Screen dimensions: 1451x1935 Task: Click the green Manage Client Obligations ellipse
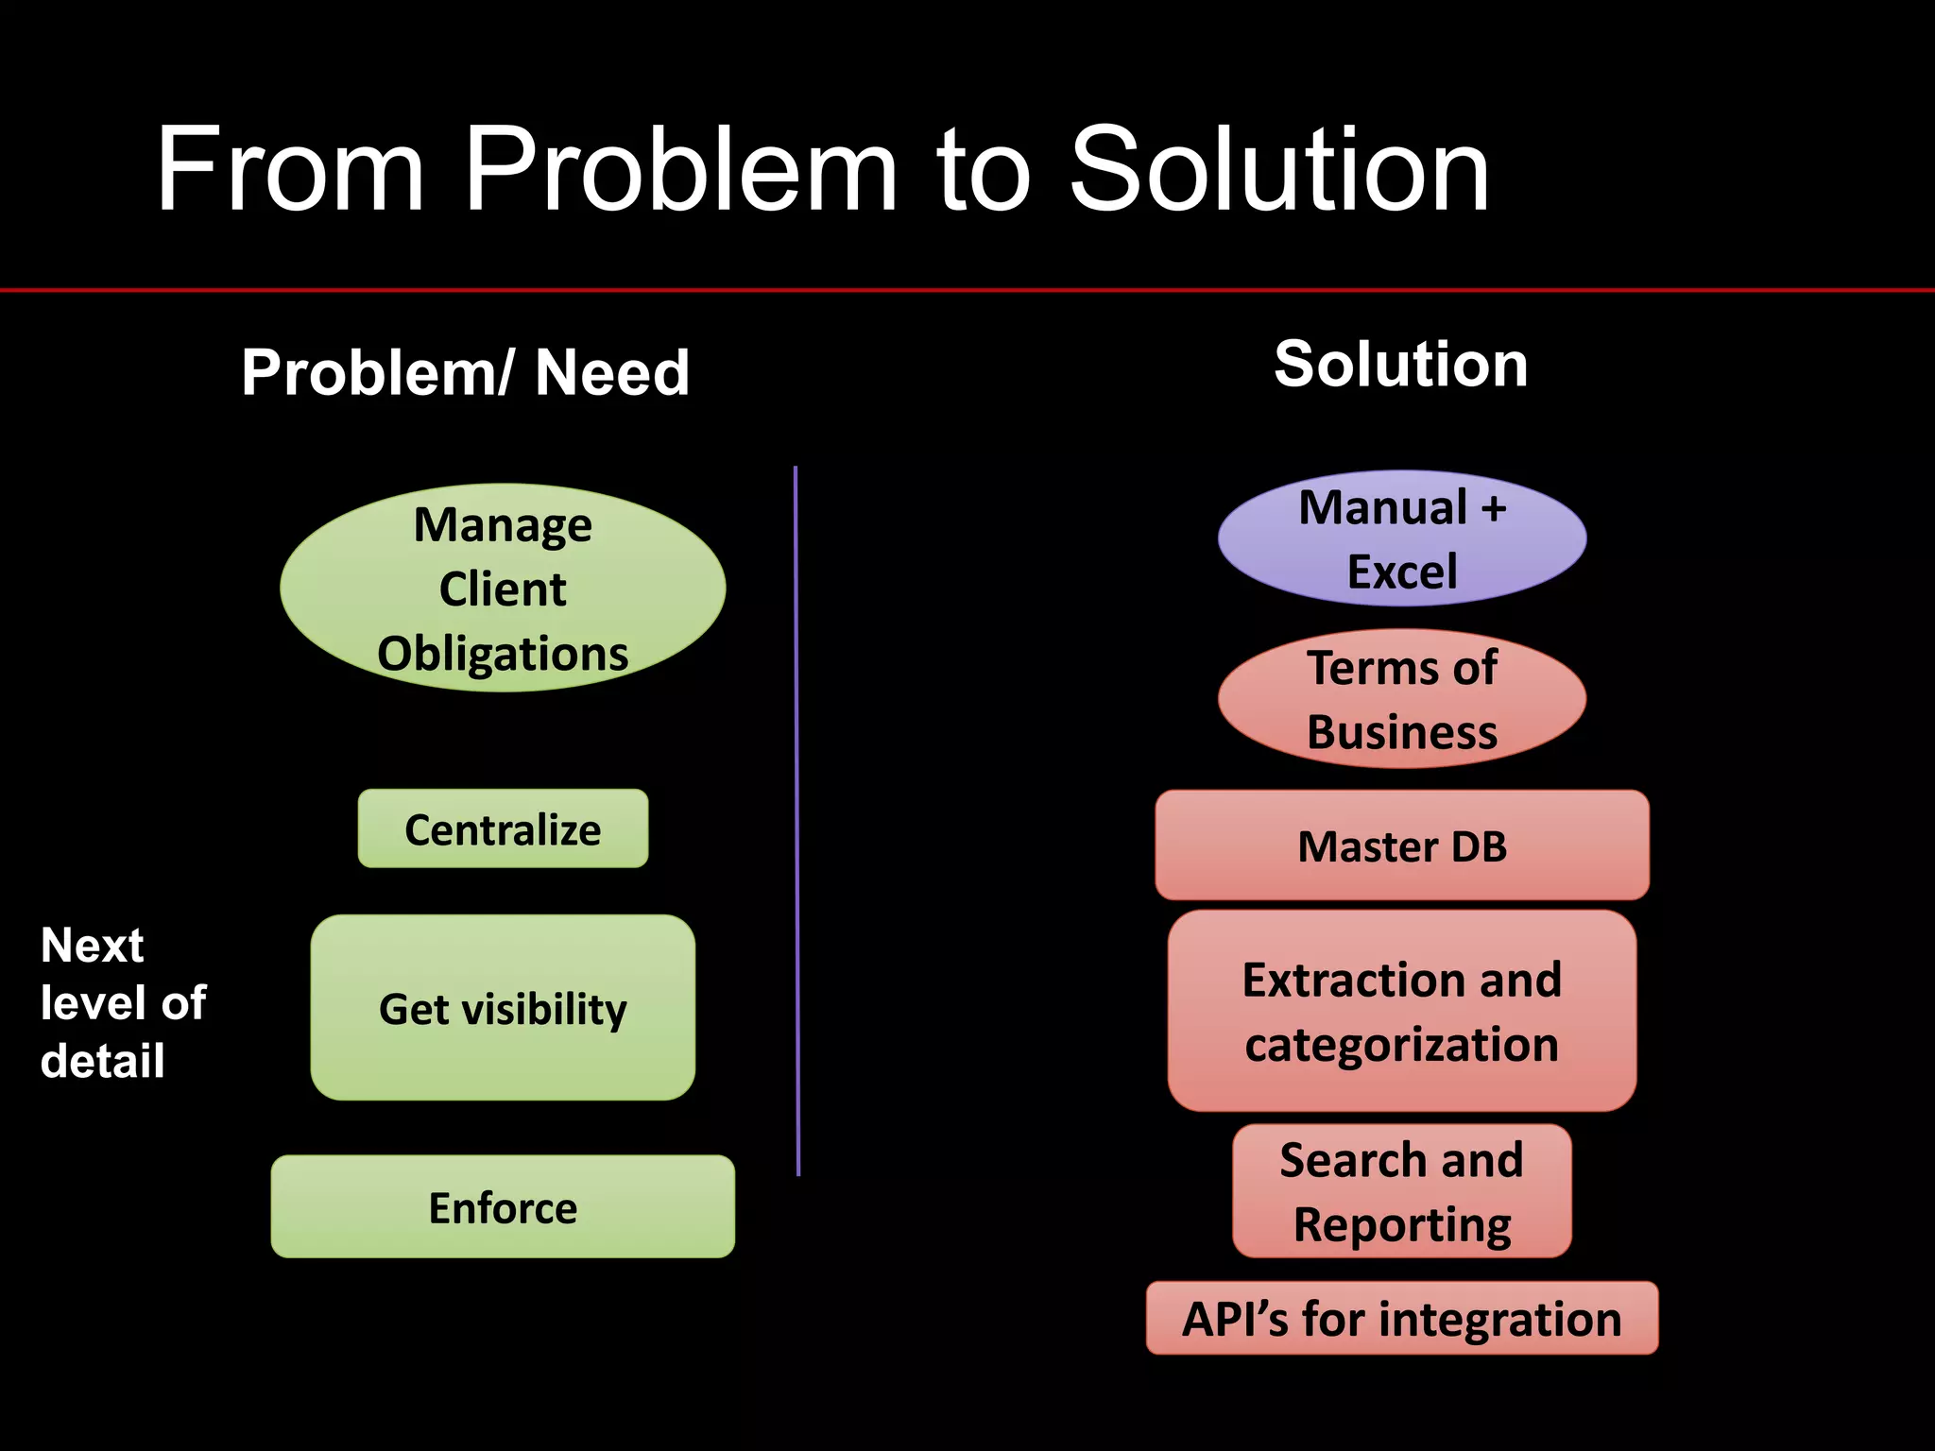click(503, 588)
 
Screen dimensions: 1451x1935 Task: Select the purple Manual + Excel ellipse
click(1402, 538)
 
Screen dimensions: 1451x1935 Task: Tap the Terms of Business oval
click(1402, 699)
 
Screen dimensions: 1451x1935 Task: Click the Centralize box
click(503, 829)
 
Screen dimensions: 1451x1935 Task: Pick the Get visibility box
click(503, 1008)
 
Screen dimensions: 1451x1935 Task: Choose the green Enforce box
click(503, 1207)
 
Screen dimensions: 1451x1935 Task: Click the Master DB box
click(1402, 845)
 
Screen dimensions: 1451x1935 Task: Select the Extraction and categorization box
click(1402, 1012)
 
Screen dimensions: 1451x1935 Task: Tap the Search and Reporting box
click(1402, 1191)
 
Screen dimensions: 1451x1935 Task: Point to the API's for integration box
click(1402, 1319)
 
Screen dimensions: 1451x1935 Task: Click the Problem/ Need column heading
click(465, 372)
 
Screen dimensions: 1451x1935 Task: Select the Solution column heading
click(1400, 365)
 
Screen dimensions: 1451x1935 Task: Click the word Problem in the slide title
click(680, 170)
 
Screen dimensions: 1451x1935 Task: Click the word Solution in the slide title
click(1279, 170)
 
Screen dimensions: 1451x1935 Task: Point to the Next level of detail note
click(123, 1002)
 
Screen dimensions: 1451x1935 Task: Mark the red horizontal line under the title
click(967, 290)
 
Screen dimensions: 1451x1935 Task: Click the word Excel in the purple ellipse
click(1402, 572)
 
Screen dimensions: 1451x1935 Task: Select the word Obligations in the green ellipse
click(503, 654)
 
